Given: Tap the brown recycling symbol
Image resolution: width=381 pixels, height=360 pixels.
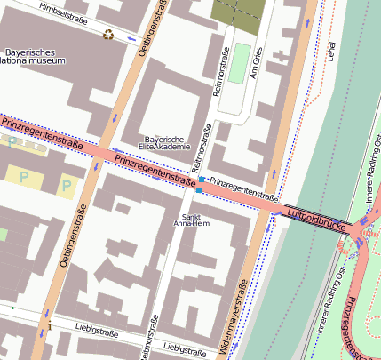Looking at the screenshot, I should (108, 36).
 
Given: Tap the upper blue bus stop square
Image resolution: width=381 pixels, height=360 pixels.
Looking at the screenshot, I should (202, 180).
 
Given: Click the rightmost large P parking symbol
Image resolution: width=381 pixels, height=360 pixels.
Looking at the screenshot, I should (67, 186).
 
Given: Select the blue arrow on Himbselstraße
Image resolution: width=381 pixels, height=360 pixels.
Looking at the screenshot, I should (131, 38).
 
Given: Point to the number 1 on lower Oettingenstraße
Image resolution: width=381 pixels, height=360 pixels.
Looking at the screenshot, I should (50, 327).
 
